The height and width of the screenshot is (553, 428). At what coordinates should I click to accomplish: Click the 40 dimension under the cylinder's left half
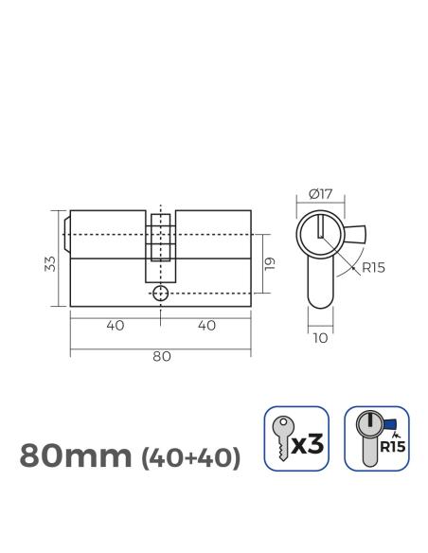click(x=116, y=325)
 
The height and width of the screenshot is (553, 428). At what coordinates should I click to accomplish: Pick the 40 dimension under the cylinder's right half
click(x=206, y=325)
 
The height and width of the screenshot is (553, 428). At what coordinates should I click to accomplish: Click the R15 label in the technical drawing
click(x=373, y=268)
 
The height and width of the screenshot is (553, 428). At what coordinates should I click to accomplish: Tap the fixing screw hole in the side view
click(x=161, y=294)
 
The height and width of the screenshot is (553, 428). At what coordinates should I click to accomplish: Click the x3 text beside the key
click(x=310, y=442)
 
